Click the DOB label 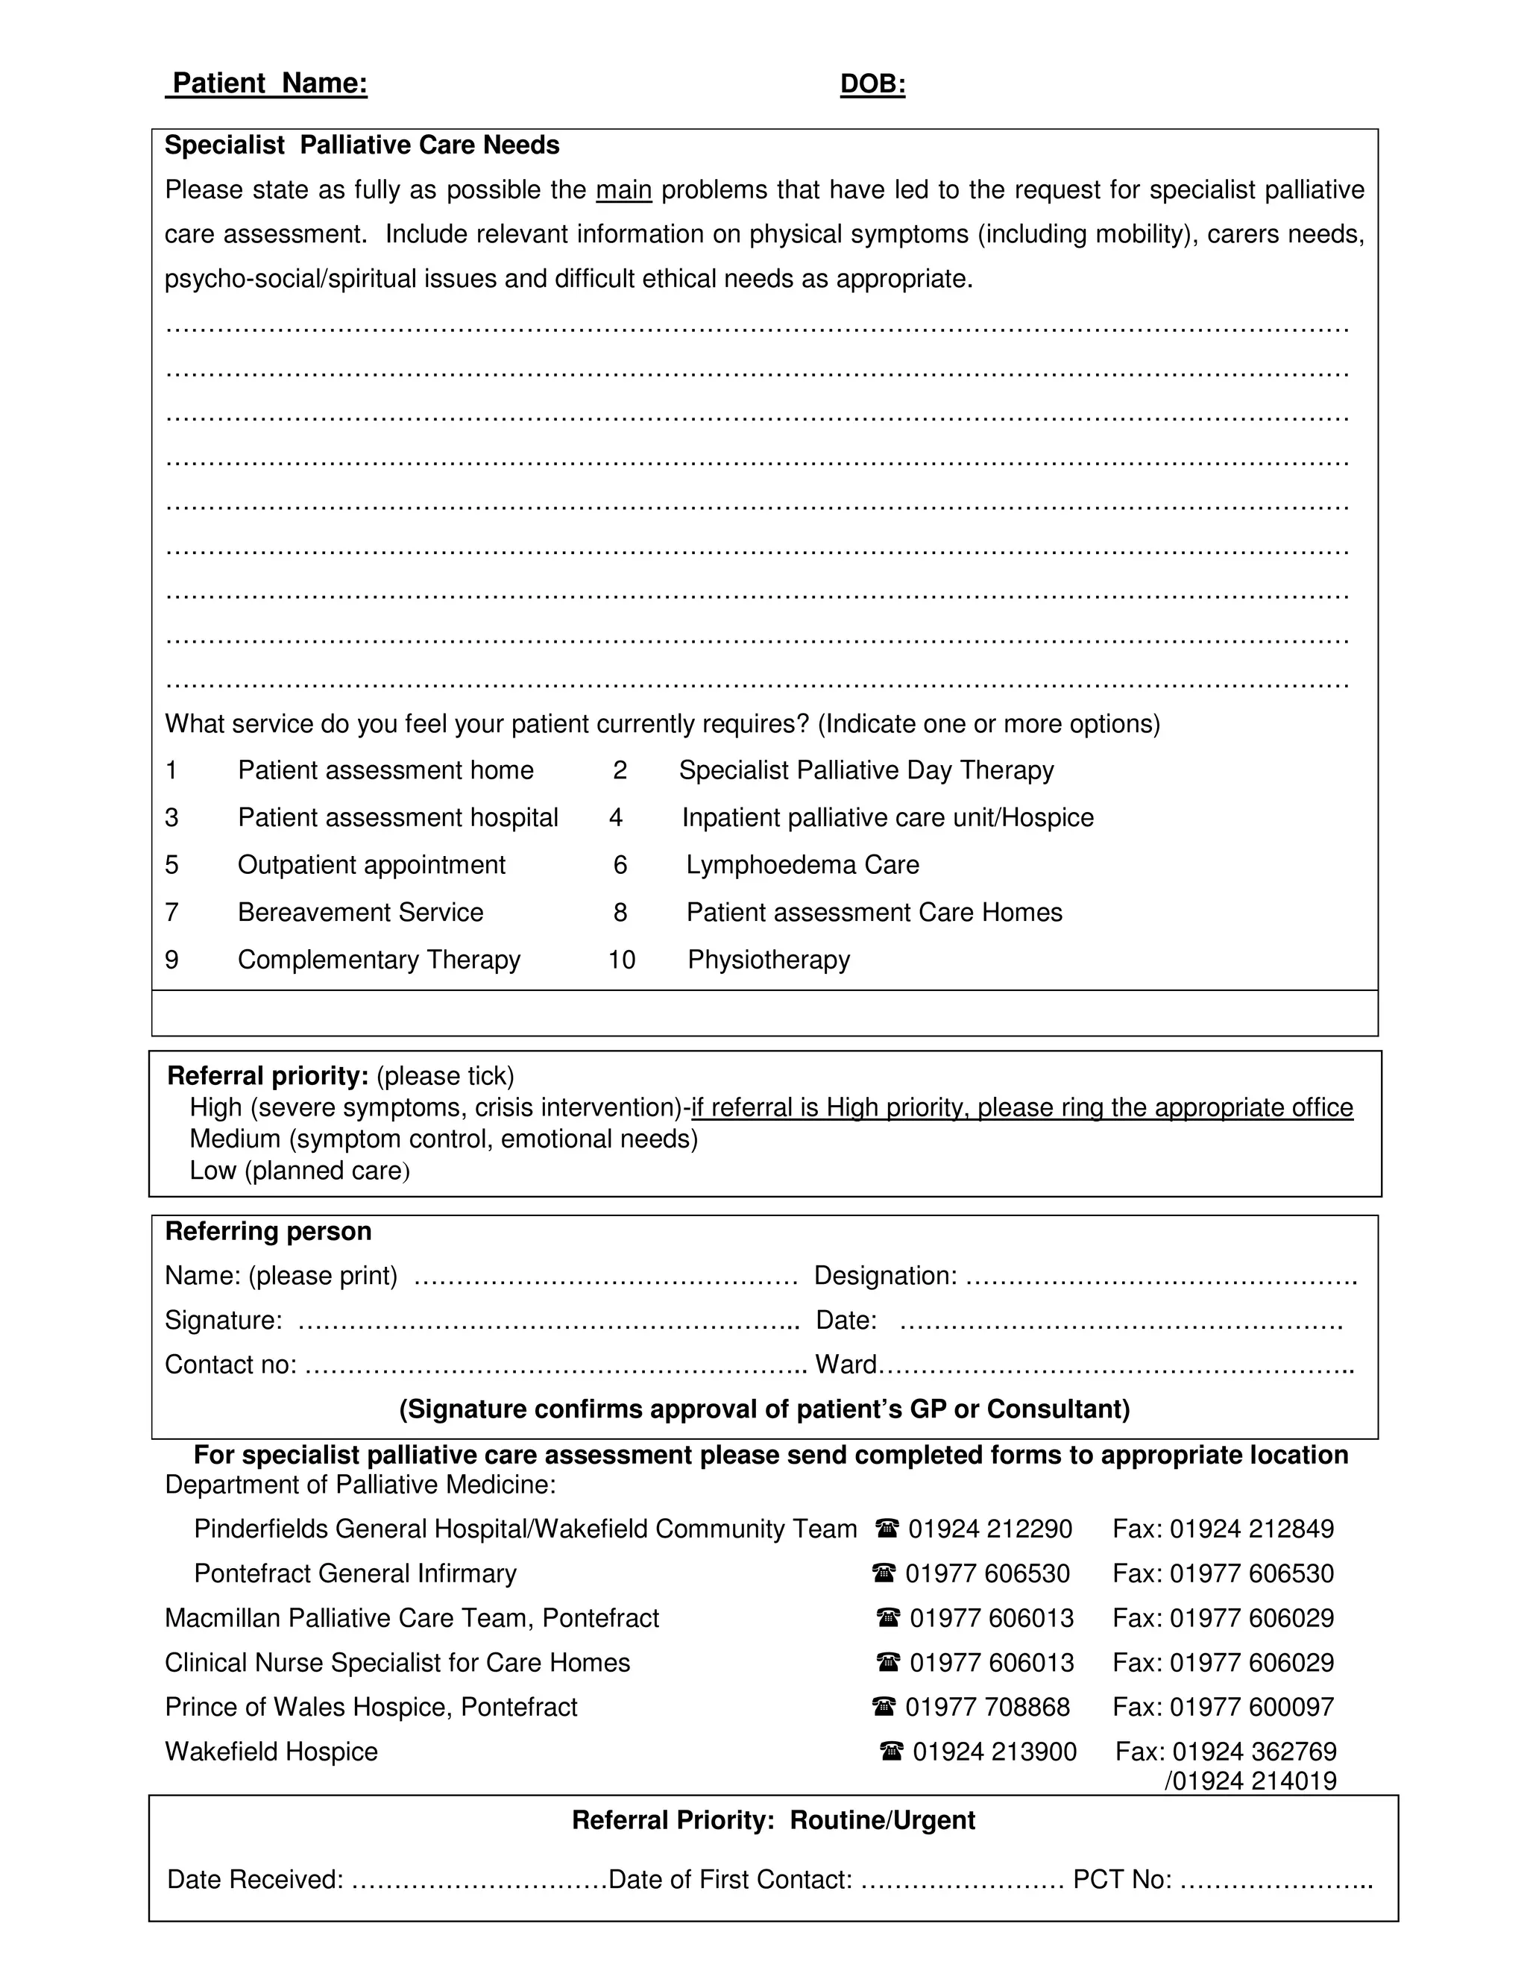872,84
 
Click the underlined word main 623,190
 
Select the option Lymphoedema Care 802,865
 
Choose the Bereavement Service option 360,912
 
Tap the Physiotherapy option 768,959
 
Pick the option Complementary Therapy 378,959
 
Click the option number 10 622,959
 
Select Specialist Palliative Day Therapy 866,770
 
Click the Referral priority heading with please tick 340,1076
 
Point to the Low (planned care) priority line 300,1171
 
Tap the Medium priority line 444,1138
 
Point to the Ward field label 846,1365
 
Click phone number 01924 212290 989,1529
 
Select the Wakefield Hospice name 271,1752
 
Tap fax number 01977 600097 1251,1708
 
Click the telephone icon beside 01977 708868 884,1708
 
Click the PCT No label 1121,1879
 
